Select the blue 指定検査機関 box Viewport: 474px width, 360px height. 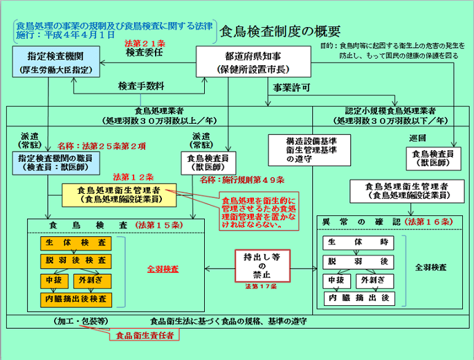click(x=56, y=63)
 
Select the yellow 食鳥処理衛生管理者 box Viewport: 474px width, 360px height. click(x=119, y=193)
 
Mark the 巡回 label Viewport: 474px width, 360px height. click(x=417, y=136)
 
